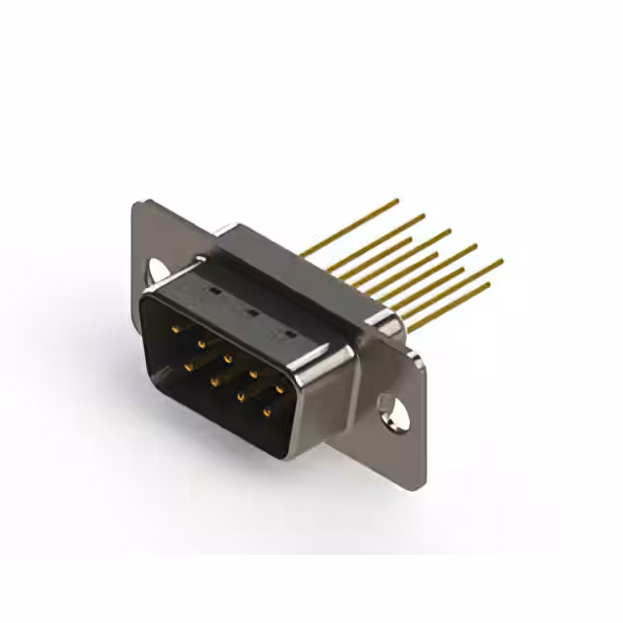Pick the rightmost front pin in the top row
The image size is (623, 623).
279,388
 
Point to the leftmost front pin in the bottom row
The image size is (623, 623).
188,365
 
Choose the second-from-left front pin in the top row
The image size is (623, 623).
202,344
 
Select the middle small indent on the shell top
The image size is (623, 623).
250,311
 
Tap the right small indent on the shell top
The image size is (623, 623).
288,333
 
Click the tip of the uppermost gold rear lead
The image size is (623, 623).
397,201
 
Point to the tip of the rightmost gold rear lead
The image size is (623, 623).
501,261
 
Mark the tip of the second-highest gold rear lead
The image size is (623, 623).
423,216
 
